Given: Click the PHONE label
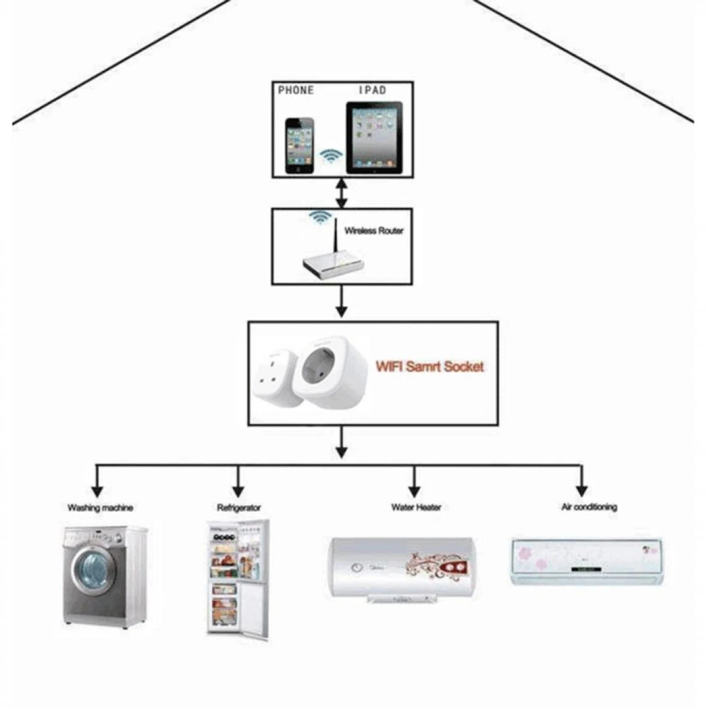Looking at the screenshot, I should point(296,91).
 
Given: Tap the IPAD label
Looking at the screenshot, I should point(373,91).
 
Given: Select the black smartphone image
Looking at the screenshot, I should point(300,146).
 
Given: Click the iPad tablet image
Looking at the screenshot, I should point(374,138).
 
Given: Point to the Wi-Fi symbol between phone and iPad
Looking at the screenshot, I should point(331,155).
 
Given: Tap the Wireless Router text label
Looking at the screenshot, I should point(373,231).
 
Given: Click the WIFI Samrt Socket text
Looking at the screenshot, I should point(430,367).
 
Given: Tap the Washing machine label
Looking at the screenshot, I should point(100,508).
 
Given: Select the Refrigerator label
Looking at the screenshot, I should point(239,508).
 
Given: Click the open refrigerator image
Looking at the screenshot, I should point(238,579).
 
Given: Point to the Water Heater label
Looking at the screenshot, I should point(416,507).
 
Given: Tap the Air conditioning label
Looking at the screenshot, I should point(589,507).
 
